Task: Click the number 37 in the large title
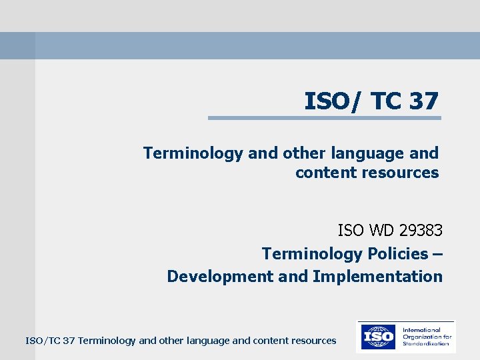[x=424, y=101]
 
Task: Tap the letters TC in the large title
[x=386, y=101]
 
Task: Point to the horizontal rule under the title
[x=324, y=118]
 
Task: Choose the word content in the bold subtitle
[x=325, y=173]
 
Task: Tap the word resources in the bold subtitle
[x=399, y=173]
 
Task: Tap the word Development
[x=216, y=276]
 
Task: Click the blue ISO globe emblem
[x=377, y=337]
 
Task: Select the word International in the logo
[x=421, y=329]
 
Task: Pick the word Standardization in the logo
[x=427, y=344]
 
